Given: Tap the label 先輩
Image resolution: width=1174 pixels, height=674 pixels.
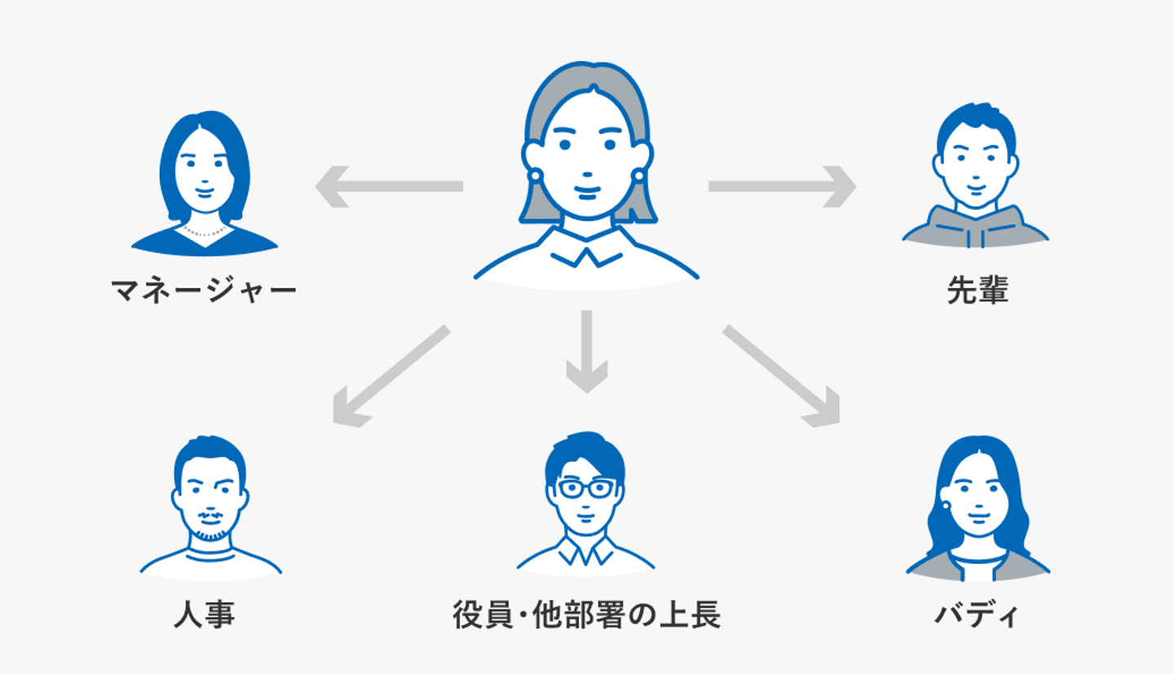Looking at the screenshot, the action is click(x=978, y=290).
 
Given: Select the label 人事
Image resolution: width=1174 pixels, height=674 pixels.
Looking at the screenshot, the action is click(x=204, y=614).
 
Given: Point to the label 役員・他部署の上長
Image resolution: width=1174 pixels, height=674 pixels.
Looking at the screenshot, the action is click(x=586, y=614).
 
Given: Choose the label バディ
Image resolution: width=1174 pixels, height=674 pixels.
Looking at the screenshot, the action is click(x=977, y=614).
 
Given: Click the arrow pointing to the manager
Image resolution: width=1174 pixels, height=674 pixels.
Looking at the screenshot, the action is click(x=389, y=186).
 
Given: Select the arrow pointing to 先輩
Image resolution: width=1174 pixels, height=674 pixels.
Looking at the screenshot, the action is click(x=783, y=186).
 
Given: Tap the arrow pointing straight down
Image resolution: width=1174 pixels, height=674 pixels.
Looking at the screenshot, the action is click(x=586, y=352).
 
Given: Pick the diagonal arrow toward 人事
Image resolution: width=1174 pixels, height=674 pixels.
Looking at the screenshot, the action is click(x=391, y=376).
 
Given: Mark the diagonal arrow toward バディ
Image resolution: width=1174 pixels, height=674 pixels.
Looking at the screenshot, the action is click(x=781, y=376).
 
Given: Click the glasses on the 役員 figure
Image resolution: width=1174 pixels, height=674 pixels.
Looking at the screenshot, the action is click(x=586, y=489).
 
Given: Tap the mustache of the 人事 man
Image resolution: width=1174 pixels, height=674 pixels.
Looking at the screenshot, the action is click(x=210, y=517).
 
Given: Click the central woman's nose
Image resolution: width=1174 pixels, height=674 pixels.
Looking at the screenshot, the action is click(x=588, y=175).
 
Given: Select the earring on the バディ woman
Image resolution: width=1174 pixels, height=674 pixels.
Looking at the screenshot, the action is click(x=946, y=506).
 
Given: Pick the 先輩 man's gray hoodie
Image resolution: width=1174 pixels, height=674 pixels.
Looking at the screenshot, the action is click(x=975, y=228).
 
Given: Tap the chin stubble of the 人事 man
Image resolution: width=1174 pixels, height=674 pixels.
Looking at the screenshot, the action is click(x=210, y=535).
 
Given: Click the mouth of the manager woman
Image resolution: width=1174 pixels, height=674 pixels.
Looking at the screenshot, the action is click(x=205, y=192).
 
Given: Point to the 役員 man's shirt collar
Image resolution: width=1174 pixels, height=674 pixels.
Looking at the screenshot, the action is click(x=585, y=552).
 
